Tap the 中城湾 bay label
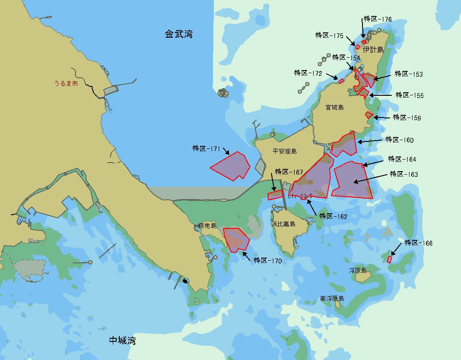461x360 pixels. (122, 340)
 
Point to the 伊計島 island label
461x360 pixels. (373, 50)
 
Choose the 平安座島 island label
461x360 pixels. (284, 152)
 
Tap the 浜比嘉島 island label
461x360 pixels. (284, 224)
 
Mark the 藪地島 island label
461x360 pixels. (207, 226)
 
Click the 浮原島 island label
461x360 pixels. (358, 270)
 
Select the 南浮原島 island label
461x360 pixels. (332, 299)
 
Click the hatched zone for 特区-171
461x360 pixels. (230, 166)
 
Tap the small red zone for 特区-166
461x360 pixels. (389, 259)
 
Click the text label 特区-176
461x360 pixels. (378, 19)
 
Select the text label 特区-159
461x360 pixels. (407, 117)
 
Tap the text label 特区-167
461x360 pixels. (289, 172)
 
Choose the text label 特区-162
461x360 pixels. (333, 216)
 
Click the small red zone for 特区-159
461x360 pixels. (368, 115)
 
